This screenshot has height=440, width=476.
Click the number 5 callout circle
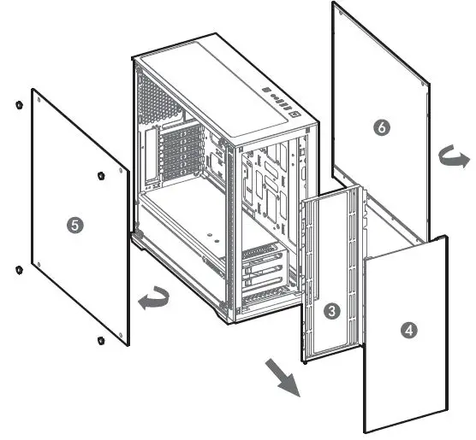[74, 225]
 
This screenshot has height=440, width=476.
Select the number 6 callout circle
[382, 127]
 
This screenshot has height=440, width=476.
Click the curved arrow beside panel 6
[454, 158]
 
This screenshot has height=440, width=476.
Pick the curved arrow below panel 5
[153, 299]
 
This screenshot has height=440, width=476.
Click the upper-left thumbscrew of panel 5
[18, 106]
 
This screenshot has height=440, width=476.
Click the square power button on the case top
[294, 111]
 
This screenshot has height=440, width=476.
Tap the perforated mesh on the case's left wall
[159, 103]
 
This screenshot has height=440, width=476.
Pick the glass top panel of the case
[218, 77]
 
